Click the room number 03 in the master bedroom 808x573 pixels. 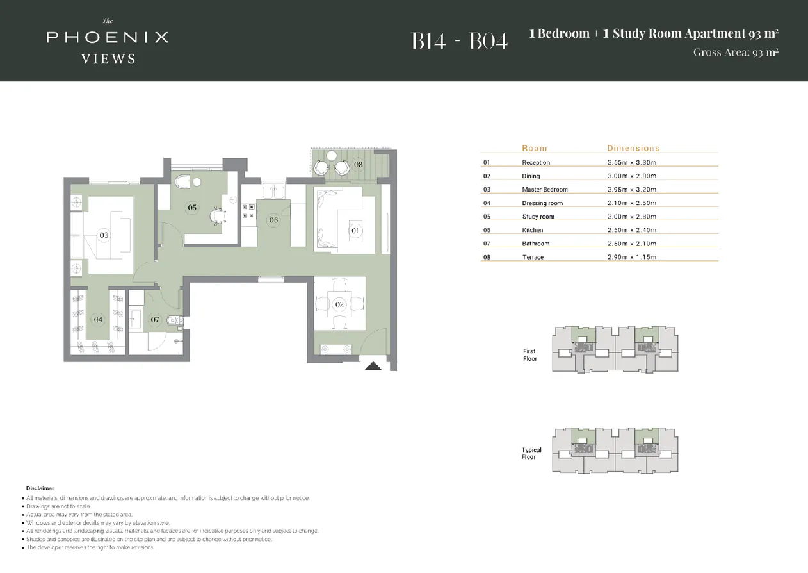(104, 235)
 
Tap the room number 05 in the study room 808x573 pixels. (191, 207)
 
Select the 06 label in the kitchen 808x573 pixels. (273, 220)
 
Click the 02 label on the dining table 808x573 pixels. (339, 304)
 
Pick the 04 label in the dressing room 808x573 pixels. (98, 319)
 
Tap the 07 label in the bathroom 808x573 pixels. (154, 319)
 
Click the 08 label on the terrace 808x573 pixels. (359, 165)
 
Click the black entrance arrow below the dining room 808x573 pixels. (373, 366)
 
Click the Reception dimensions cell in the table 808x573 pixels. (632, 163)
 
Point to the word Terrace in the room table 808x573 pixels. (533, 257)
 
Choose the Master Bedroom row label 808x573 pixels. (544, 190)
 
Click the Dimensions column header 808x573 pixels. (633, 148)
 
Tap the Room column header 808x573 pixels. (534, 148)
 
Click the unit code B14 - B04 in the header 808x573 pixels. (459, 41)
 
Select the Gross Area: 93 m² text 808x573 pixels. (736, 53)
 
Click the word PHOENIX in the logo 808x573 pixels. (107, 37)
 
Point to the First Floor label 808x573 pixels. (529, 355)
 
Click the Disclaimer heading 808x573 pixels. (40, 488)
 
